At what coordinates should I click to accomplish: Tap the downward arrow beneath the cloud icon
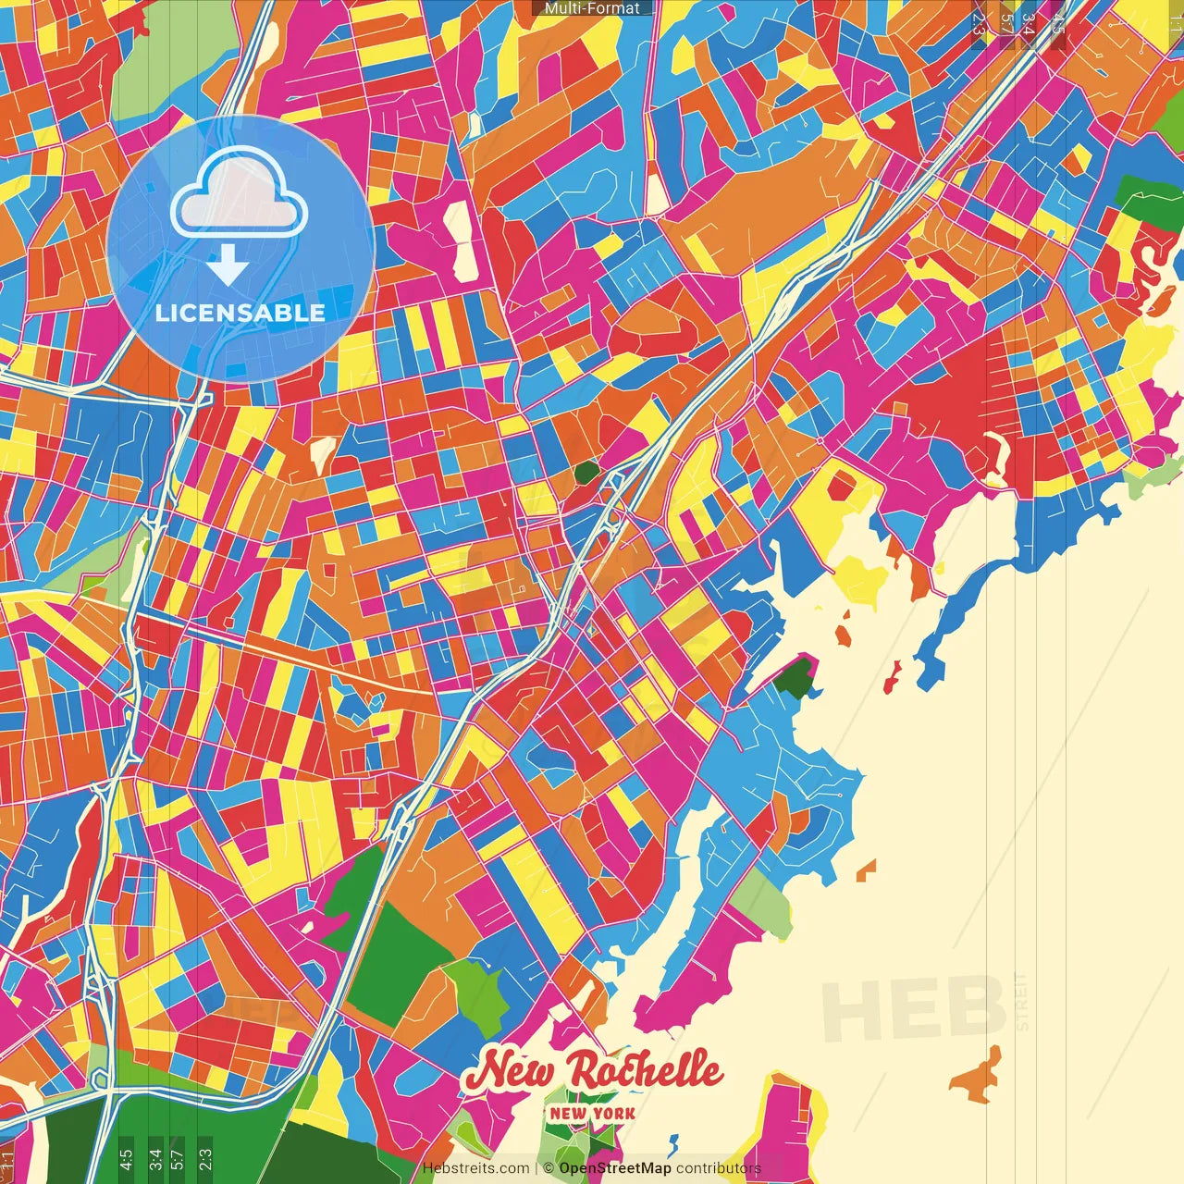228,265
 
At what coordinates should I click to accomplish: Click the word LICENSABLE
240,313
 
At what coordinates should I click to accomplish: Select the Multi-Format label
592,8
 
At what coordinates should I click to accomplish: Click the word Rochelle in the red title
644,1071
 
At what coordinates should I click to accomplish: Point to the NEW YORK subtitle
592,1114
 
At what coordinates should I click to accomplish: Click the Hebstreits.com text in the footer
475,1168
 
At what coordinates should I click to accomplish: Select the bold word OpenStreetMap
615,1168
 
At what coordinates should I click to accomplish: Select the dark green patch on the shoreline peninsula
794,679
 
